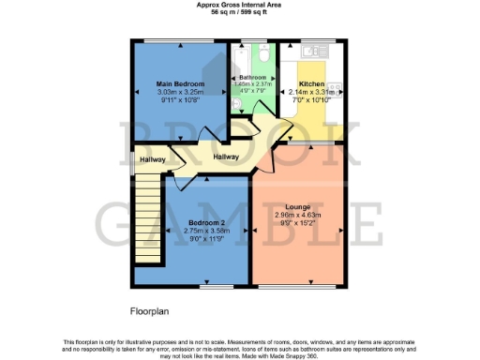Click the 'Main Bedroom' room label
(179, 84)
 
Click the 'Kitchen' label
(311, 84)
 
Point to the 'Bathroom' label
(253, 77)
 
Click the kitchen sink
(309, 54)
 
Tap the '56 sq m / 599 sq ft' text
(239, 13)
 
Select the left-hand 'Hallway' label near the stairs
(153, 159)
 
